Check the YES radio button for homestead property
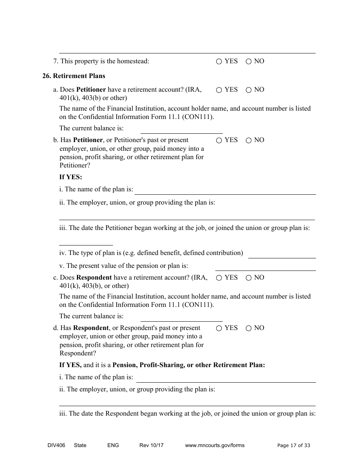tap(219, 61)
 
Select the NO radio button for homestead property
tap(249, 61)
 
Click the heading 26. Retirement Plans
tap(74, 76)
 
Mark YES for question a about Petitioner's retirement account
tap(219, 90)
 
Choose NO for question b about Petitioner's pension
tap(249, 141)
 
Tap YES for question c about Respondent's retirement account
tap(219, 278)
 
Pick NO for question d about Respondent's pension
tap(249, 328)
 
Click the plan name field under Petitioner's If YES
tap(225, 191)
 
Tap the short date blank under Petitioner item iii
tap(86, 242)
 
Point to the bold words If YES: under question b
tap(70, 177)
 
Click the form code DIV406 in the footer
tap(51, 445)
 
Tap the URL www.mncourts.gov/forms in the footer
tap(214, 445)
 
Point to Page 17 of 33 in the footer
tap(294, 445)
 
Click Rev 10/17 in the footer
tap(151, 445)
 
